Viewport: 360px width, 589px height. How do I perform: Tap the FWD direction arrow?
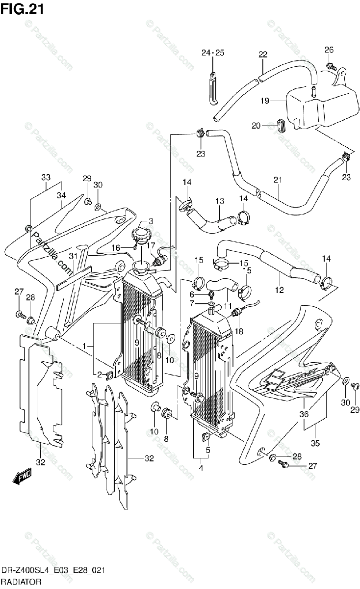coord(23,476)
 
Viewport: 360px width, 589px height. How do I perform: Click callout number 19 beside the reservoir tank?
coord(265,101)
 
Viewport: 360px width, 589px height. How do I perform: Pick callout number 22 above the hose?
coord(263,54)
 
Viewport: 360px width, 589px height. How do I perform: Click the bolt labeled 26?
coord(330,65)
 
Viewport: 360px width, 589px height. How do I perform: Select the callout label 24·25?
coord(212,53)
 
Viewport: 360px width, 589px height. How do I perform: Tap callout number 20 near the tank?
coord(256,126)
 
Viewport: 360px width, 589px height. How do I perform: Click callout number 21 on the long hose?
coord(278,180)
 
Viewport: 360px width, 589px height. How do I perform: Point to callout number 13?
coord(219,200)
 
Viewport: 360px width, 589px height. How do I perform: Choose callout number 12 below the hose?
coord(279,290)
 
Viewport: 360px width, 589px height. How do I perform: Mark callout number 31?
coord(73,256)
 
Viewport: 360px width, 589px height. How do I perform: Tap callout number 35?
coord(315,443)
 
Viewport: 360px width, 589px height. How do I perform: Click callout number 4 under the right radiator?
coord(201,467)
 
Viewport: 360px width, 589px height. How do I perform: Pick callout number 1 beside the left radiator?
coord(84,346)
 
